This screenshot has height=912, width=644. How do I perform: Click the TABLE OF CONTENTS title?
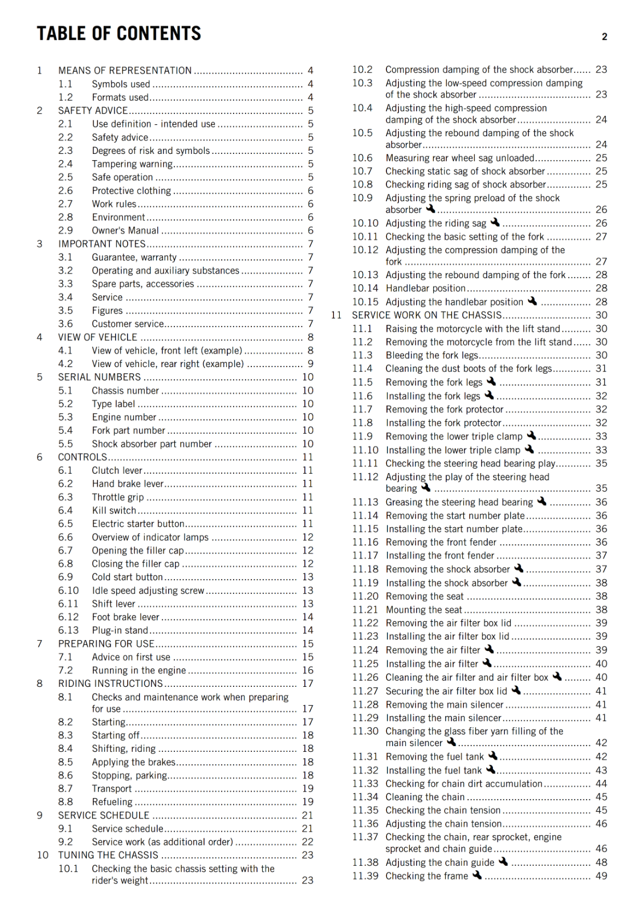pos(119,34)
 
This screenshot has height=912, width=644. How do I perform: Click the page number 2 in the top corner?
pos(604,37)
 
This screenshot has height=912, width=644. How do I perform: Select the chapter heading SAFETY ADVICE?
pos(93,111)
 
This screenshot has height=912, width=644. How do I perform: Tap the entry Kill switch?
pos(114,511)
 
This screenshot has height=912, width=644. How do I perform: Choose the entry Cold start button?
pos(127,577)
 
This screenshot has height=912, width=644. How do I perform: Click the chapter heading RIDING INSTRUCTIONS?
pos(111,684)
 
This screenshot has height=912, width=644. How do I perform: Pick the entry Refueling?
pos(112,802)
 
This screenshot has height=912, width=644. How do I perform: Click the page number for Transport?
pos(308,789)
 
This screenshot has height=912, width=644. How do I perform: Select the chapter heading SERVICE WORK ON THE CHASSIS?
pos(427,315)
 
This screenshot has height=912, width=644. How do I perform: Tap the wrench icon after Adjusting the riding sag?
pos(495,222)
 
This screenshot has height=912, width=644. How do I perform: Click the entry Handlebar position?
pos(425,288)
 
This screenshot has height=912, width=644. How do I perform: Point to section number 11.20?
pos(365,597)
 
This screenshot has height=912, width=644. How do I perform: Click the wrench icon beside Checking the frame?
pos(477,875)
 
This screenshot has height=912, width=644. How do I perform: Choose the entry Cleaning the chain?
pos(425,797)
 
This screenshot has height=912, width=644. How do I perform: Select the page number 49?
pos(601,876)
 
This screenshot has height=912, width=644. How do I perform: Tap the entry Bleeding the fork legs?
pos(431,356)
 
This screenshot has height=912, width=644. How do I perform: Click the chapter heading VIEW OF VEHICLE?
pos(97,337)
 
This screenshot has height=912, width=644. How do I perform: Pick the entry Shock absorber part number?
pos(152,444)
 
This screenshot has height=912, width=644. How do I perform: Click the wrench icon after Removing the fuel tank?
pos(493,756)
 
